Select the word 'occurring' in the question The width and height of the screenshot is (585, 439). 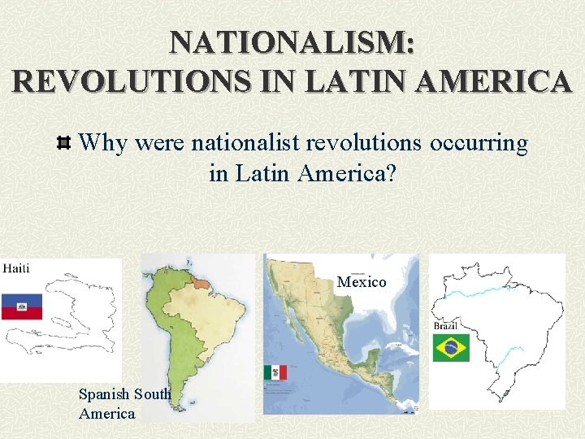point(479,144)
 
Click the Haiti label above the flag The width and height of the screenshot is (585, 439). point(16,269)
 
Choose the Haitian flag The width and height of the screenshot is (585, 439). point(22,306)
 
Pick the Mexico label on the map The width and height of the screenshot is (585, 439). point(362,282)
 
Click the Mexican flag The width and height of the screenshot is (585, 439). point(275,373)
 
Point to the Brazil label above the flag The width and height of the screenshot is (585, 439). point(445,325)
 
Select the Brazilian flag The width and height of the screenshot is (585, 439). point(450,348)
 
